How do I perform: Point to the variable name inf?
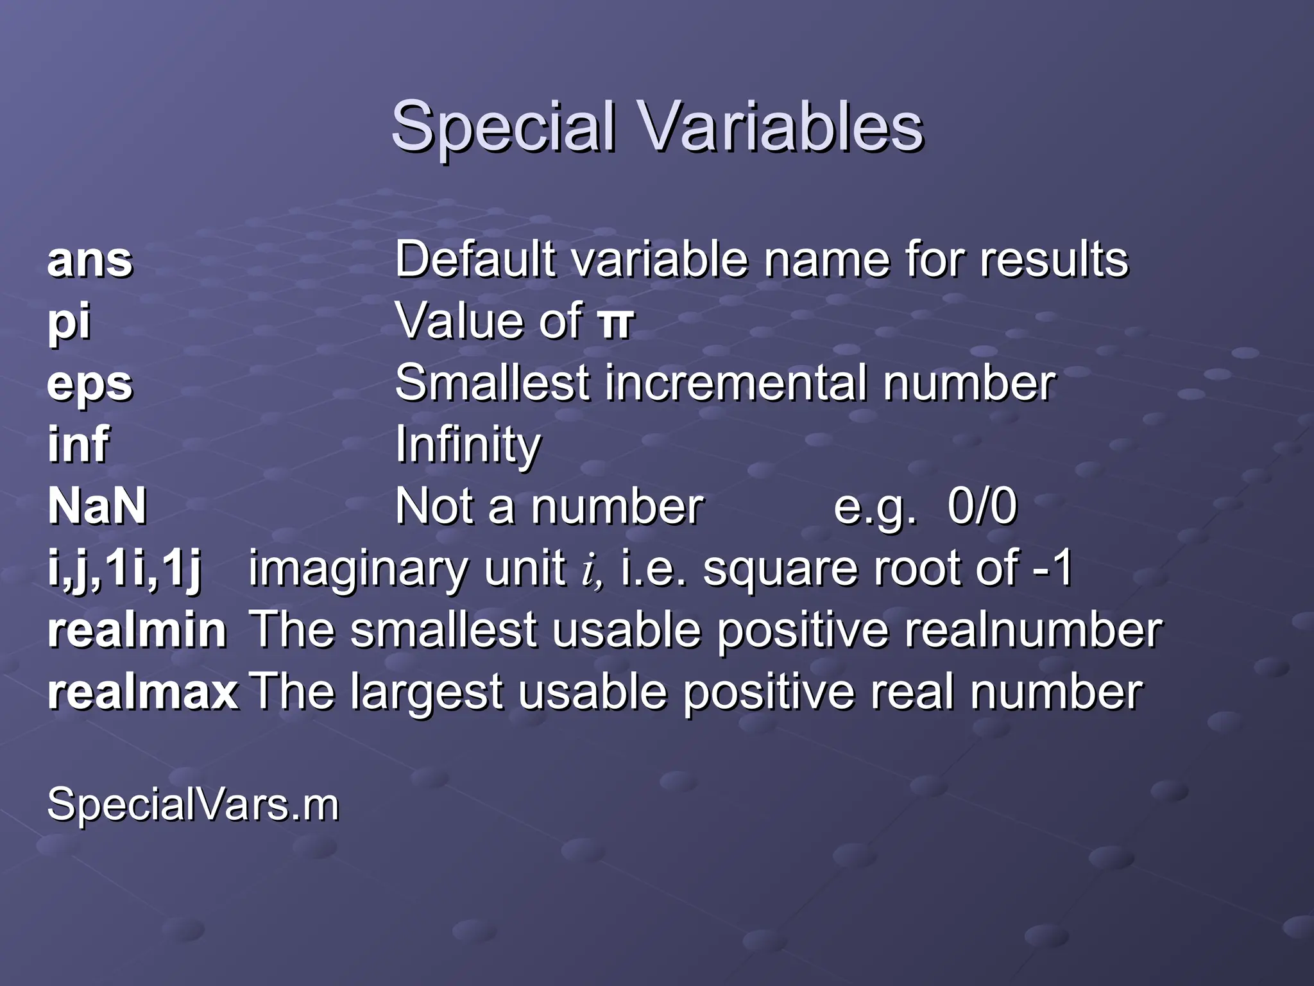78,444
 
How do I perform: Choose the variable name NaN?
98,506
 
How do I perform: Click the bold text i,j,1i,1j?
125,569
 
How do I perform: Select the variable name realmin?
137,630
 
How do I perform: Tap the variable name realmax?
143,692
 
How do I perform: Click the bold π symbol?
615,322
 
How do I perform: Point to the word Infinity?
468,444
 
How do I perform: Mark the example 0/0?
982,506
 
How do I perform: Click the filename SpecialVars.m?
193,804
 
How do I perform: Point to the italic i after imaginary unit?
589,570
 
